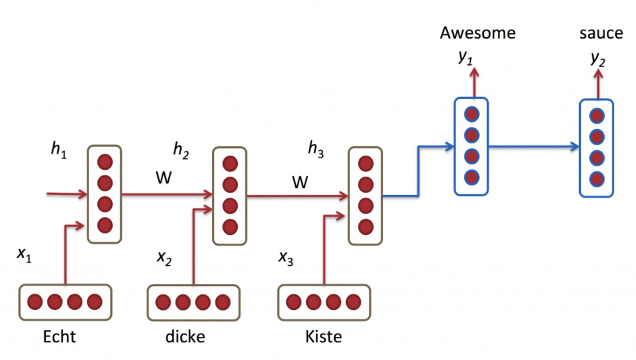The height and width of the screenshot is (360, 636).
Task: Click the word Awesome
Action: coord(477,33)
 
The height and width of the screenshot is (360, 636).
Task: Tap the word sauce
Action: coord(601,33)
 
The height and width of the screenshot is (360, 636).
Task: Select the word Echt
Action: coord(60,337)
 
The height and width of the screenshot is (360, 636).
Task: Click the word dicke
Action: coord(185,337)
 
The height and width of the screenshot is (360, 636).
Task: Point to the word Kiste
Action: coord(323,337)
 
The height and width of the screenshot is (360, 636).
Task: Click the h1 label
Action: coord(59,150)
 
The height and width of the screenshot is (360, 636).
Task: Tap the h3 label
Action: coord(316,149)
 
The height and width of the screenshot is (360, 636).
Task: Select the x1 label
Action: coord(24,255)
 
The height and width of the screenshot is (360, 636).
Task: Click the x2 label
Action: coord(164,259)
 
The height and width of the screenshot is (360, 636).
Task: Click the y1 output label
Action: coord(465,58)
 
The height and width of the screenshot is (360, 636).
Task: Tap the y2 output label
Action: coord(598,59)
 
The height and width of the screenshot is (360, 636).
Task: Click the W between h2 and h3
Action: coord(300,182)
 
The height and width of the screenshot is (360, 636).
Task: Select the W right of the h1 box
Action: coord(164,178)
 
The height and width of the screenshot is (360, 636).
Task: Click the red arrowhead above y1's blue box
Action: coord(474,72)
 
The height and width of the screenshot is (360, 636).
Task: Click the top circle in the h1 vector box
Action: coord(105,162)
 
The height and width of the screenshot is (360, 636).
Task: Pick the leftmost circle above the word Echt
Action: coord(35,302)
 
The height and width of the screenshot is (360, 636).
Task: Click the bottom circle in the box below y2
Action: coord(597,179)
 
